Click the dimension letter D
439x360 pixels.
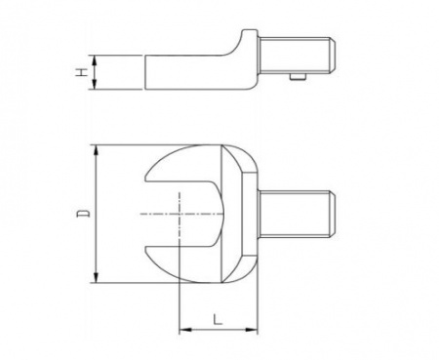[x=83, y=214]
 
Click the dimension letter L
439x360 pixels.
[x=218, y=319]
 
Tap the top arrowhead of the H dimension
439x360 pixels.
[x=94, y=60]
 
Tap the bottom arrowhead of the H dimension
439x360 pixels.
[x=94, y=84]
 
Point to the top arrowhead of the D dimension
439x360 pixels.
[x=96, y=151]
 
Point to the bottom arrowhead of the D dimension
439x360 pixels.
[x=96, y=276]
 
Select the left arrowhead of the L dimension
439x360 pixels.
[x=185, y=330]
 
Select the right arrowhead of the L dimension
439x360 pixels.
[x=252, y=330]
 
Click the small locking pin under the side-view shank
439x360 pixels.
[x=298, y=76]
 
